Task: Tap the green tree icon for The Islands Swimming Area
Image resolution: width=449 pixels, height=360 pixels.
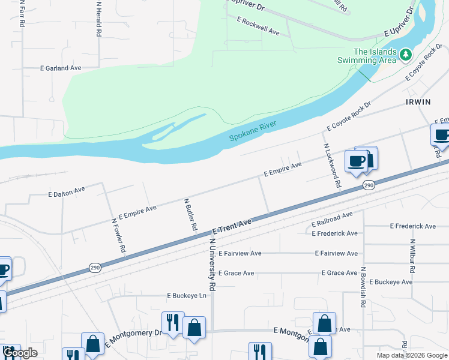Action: point(406,55)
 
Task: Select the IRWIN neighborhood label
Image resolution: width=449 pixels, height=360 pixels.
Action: point(418,102)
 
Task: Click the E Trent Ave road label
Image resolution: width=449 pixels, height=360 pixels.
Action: point(232,226)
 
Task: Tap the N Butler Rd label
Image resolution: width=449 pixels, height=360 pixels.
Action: point(190,215)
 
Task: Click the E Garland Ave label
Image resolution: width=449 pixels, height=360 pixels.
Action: point(61,68)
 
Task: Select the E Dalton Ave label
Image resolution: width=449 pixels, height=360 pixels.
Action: point(67,193)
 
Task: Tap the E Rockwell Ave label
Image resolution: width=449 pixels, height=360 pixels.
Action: point(258,25)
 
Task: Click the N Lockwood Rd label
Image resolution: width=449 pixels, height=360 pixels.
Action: point(332,166)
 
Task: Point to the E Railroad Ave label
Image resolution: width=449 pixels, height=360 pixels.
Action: point(332,220)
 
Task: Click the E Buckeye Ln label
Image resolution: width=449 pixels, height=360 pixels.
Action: point(186,296)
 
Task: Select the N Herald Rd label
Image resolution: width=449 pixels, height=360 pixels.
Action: point(98,19)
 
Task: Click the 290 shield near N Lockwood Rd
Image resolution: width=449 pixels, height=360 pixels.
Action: point(369,186)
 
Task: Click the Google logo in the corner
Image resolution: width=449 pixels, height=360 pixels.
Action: point(20,353)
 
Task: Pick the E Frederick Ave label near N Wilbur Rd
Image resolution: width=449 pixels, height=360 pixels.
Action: point(412,226)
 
